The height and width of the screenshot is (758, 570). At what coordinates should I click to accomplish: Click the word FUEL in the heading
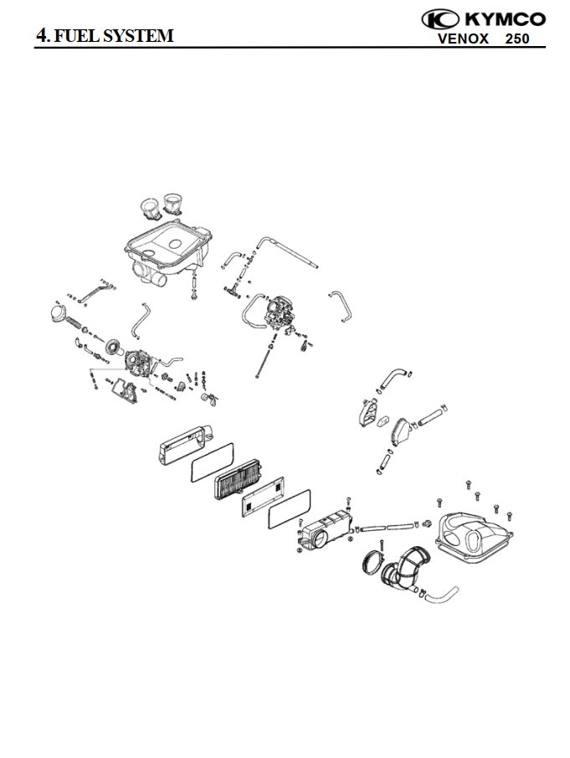(x=73, y=36)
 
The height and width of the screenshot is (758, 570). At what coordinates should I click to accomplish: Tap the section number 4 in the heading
(x=42, y=35)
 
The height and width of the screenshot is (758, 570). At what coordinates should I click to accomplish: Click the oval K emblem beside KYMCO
(x=440, y=19)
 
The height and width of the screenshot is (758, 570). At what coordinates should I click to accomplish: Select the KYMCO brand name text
(x=506, y=19)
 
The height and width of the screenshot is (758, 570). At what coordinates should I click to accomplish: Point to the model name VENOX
(x=463, y=39)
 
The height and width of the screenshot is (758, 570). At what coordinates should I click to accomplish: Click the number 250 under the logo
(x=517, y=39)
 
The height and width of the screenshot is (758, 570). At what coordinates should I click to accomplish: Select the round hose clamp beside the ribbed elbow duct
(x=372, y=562)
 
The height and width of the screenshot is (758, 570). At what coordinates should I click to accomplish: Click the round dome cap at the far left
(x=59, y=312)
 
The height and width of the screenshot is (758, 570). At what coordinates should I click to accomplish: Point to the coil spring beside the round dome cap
(x=77, y=322)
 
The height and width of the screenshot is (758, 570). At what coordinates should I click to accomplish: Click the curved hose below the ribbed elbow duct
(x=439, y=597)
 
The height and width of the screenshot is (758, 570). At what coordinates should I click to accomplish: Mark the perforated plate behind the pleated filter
(x=263, y=497)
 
